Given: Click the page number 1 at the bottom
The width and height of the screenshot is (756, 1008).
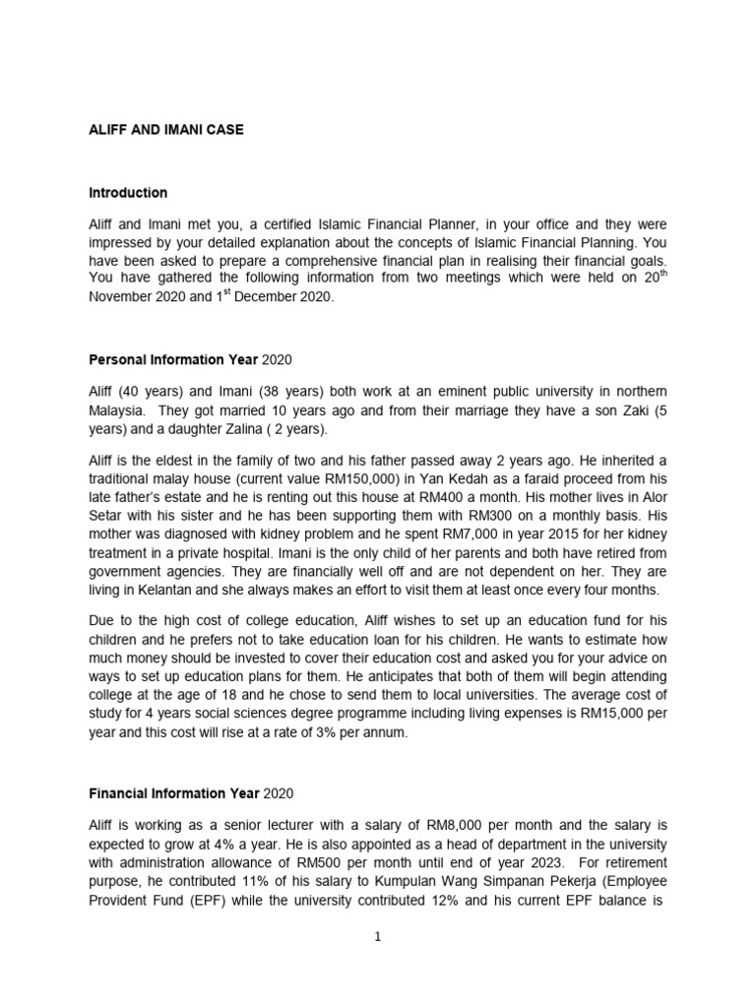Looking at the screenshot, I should [x=376, y=937].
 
